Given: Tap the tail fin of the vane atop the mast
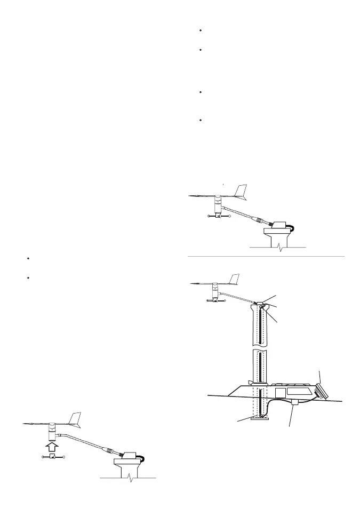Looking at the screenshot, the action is click(x=234, y=279).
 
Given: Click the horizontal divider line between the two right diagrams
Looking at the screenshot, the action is click(x=267, y=257).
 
